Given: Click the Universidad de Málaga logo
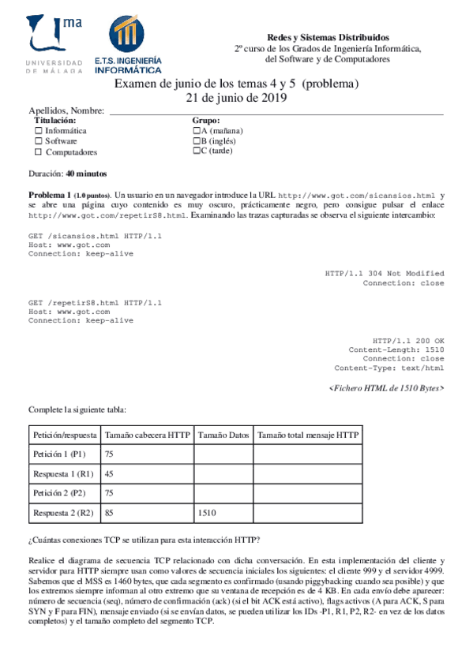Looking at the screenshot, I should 55,44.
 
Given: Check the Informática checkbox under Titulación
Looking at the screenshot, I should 38,130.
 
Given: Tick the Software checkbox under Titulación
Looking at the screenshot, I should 38,141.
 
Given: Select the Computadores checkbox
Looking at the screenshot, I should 38,152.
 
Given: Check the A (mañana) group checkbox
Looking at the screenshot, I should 197,130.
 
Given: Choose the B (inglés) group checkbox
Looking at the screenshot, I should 197,141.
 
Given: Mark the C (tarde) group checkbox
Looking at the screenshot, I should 197,152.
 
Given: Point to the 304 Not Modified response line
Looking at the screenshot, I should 384,273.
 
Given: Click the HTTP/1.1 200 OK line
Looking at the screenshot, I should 407,339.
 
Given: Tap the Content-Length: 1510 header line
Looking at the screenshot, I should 396,349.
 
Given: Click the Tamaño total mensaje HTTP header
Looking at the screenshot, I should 307,435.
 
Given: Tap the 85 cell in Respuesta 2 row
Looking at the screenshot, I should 110,513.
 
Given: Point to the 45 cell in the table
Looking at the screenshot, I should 110,474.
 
